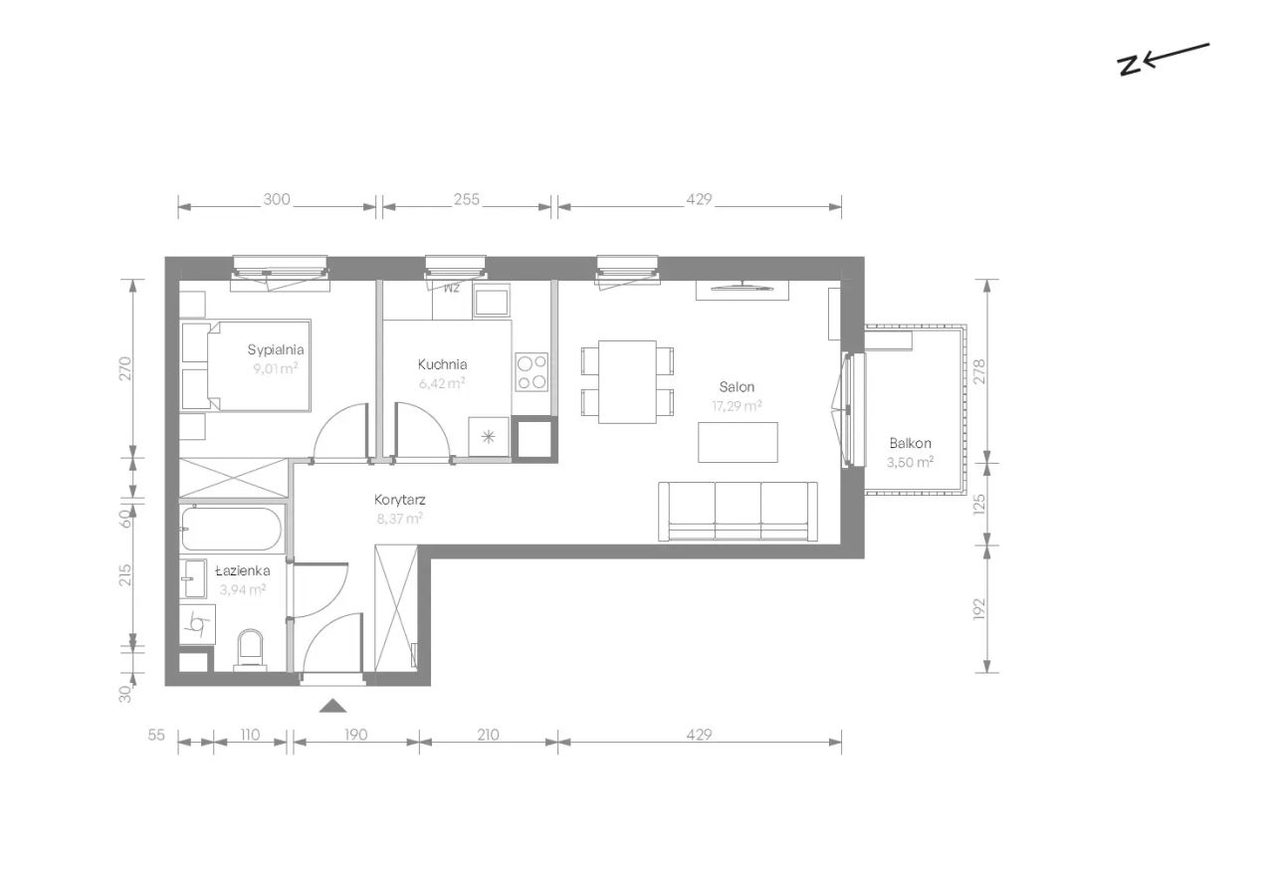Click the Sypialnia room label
[276, 350]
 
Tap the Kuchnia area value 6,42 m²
[442, 383]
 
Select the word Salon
[737, 387]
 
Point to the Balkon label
[910, 443]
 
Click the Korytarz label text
[400, 500]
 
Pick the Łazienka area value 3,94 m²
[243, 589]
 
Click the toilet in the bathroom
[250, 648]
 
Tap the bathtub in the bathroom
[232, 529]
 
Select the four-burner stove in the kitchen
[531, 372]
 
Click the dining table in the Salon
[627, 381]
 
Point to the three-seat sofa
[738, 512]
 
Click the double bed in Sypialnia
[246, 365]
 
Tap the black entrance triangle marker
[332, 706]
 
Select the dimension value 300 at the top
[277, 200]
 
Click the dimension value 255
[467, 200]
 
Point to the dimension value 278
[979, 371]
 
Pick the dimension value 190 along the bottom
[355, 735]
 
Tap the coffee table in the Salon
[738, 442]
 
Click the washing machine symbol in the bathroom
[198, 624]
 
